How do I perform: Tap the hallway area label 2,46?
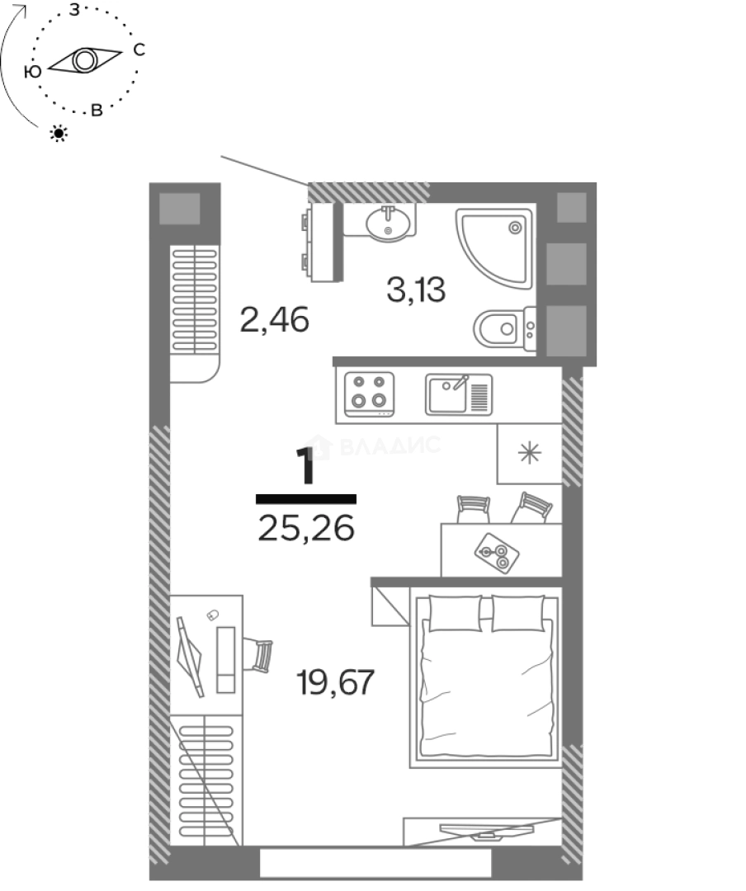tap(274, 318)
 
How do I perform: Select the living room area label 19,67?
tap(335, 682)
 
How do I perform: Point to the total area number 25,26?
tap(305, 527)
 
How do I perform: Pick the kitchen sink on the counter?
tap(458, 394)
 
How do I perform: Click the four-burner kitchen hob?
tap(369, 392)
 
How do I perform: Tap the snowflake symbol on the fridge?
tap(529, 454)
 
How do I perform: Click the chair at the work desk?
tap(261, 657)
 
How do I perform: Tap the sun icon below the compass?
tap(59, 133)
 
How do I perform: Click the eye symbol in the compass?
tap(84, 60)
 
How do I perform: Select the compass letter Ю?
tap(32, 73)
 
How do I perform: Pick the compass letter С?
tap(139, 50)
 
